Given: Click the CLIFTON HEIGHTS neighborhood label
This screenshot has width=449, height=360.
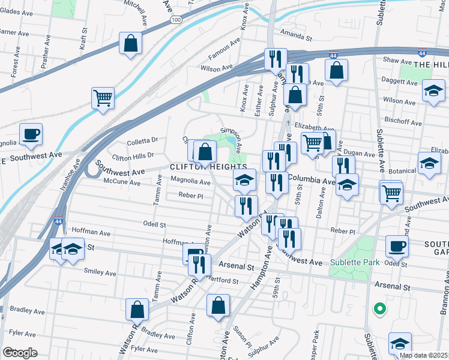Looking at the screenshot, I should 209,166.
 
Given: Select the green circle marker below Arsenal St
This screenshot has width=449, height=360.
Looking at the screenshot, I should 379,310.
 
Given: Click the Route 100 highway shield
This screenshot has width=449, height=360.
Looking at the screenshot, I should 176,20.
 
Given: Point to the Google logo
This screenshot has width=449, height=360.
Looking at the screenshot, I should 20,353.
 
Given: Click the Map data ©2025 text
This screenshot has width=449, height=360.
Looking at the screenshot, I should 424,355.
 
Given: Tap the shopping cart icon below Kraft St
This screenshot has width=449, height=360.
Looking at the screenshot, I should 103,98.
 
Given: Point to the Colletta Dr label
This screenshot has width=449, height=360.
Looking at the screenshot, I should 142,142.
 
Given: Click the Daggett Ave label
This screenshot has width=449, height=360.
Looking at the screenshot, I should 399,79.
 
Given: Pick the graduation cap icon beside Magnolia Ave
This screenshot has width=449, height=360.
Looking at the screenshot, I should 244,179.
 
